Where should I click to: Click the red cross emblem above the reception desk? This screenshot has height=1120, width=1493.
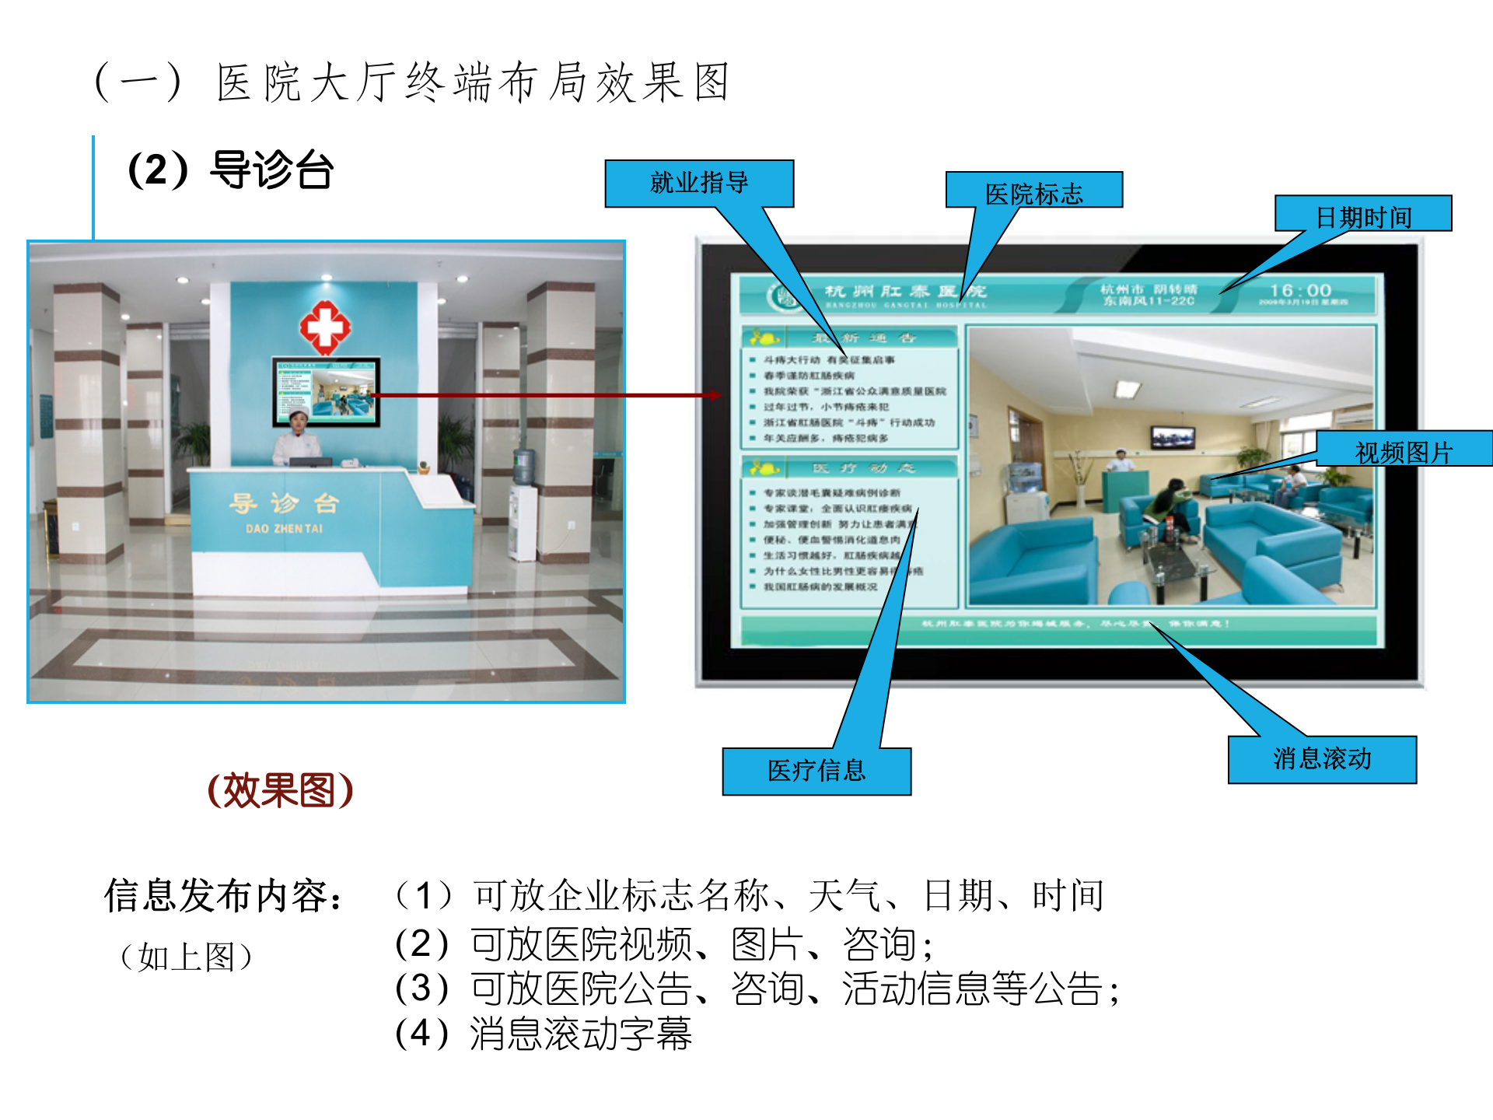pos(325,327)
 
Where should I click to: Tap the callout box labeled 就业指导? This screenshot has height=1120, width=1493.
pos(699,184)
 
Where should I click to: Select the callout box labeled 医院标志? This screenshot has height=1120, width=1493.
pos(1033,191)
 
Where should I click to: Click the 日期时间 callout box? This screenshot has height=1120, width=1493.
pos(1363,215)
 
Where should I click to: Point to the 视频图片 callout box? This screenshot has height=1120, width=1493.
pos(1404,450)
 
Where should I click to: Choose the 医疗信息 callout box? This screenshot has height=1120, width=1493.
pos(816,771)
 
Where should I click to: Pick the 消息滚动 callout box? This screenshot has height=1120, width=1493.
pos(1322,759)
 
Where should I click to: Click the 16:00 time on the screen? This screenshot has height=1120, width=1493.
pos(1300,291)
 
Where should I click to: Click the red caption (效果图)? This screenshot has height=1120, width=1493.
pos(281,790)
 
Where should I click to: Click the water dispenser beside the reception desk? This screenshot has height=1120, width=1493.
pos(523,506)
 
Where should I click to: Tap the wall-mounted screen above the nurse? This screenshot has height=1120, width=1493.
pos(326,391)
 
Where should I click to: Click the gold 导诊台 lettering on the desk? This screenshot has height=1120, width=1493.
pos(284,503)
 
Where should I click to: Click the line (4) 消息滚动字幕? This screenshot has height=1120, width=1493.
pos(544,1034)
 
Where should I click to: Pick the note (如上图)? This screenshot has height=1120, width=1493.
pos(187,957)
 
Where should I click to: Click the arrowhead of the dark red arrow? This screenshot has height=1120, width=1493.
pos(714,395)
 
